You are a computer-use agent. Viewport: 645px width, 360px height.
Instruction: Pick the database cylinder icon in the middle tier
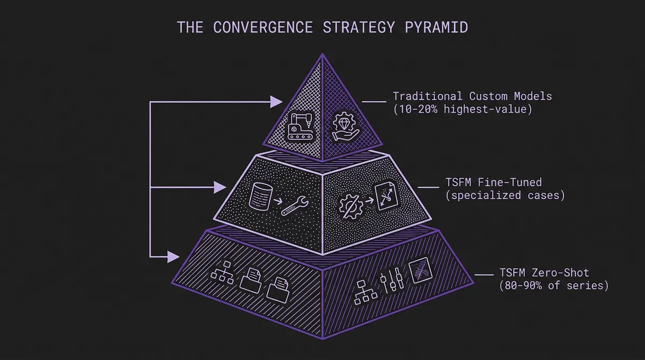(260, 196)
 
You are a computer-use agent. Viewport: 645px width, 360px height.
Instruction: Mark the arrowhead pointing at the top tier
(276, 101)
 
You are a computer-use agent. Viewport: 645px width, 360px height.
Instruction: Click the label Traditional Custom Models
(472, 97)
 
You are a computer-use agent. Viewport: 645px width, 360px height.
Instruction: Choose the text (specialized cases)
(505, 195)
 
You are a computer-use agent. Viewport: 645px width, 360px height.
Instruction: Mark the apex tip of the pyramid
(322, 55)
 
